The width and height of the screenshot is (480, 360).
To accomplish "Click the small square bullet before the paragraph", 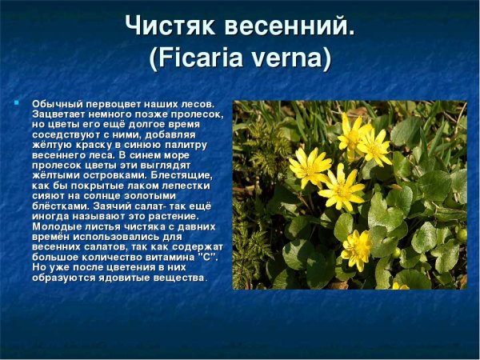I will (16, 103).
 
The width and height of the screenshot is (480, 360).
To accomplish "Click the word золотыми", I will (152, 194).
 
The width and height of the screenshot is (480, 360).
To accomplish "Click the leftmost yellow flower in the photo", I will (309, 167).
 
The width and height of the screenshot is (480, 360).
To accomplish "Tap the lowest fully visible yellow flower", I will (356, 248).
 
